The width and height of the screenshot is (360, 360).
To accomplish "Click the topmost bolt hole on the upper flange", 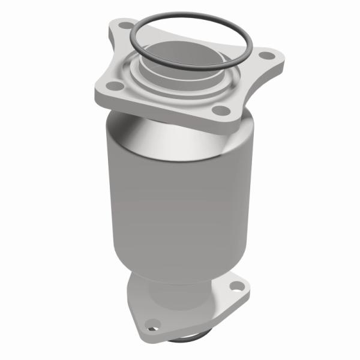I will [x=124, y=26].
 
